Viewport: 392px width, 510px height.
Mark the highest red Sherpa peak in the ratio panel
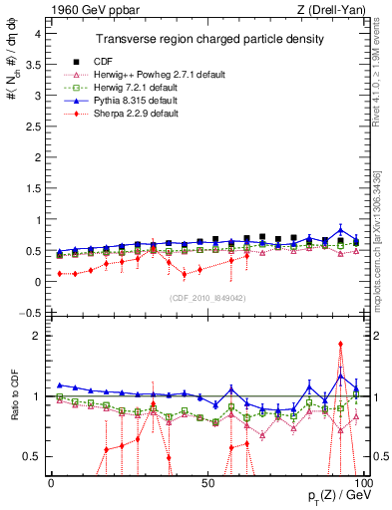(x=341, y=344)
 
